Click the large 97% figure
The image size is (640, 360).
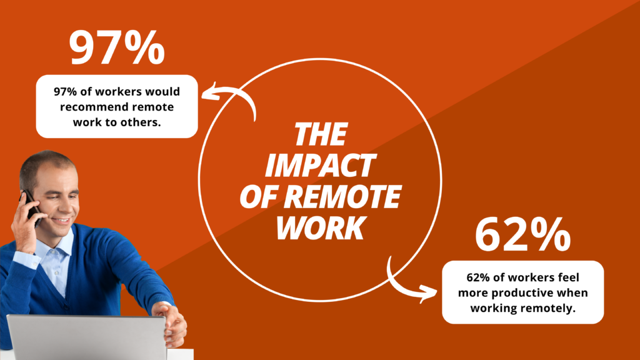tap(117, 47)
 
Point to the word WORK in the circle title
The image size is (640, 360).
tap(321, 227)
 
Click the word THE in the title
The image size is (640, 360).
tap(321, 134)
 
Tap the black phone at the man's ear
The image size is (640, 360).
tap(31, 207)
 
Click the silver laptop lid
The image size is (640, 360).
tap(86, 337)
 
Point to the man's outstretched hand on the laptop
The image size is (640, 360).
tap(171, 322)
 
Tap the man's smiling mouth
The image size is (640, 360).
tap(62, 221)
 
